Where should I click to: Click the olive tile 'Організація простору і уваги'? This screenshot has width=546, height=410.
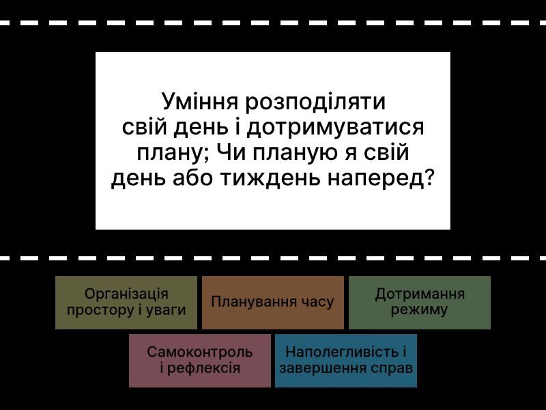[x=126, y=302]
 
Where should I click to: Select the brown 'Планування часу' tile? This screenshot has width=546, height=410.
[x=272, y=302]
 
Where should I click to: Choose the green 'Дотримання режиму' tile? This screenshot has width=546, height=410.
[x=420, y=302]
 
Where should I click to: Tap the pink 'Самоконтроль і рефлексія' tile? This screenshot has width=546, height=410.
[x=199, y=361]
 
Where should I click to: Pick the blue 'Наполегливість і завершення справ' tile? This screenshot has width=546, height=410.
[x=346, y=361]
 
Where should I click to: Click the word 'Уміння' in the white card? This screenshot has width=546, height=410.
[x=200, y=102]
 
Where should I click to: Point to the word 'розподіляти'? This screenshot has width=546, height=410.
[x=315, y=102]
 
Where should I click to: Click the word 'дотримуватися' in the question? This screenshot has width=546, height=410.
[x=335, y=128]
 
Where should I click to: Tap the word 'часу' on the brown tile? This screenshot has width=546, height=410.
[x=318, y=302]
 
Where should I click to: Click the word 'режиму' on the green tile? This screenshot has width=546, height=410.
[x=419, y=310]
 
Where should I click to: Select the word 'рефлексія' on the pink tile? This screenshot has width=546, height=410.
[x=203, y=368]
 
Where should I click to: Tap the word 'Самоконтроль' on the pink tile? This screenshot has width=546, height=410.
[x=199, y=352]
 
